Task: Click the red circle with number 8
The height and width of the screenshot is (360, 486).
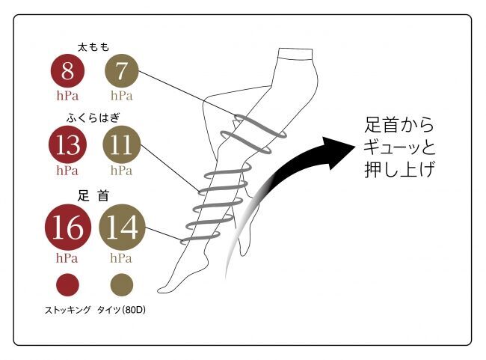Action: [67, 71]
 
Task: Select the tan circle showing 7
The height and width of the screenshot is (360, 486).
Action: [121, 71]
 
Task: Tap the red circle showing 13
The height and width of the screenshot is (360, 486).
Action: [67, 144]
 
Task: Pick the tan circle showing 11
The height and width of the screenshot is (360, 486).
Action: [121, 144]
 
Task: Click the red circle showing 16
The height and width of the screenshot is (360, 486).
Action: [68, 228]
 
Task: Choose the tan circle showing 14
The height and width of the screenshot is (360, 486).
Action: [122, 228]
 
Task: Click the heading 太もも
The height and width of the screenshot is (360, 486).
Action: [93, 47]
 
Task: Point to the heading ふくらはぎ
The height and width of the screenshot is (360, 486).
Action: [93, 118]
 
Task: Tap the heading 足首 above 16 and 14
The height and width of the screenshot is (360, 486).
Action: [93, 196]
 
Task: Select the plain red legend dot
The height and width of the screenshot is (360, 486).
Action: [67, 284]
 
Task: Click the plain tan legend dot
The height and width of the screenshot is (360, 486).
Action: [122, 284]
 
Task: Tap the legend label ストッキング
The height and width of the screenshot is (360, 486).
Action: [68, 310]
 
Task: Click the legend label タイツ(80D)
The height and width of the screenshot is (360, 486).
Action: [121, 310]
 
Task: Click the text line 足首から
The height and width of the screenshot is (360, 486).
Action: [399, 125]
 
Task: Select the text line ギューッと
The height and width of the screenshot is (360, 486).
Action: [399, 147]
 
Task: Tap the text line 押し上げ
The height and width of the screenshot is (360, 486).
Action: [399, 169]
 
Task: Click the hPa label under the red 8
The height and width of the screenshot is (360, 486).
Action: [67, 96]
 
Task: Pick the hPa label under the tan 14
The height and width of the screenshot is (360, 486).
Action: [121, 258]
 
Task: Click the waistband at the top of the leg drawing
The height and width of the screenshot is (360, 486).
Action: [295, 53]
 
